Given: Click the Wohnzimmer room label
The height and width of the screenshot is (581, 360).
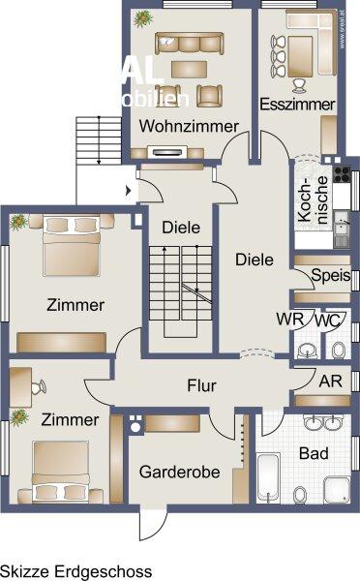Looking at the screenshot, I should (x=188, y=127).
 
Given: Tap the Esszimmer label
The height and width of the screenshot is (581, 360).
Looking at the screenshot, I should (x=297, y=104).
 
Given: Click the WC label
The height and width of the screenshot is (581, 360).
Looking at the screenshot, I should (x=326, y=320).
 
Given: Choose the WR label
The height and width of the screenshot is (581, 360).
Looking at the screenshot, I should (x=288, y=320).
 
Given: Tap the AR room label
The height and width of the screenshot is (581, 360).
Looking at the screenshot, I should (x=329, y=381).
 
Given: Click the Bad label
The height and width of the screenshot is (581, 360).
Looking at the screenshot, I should (x=314, y=453).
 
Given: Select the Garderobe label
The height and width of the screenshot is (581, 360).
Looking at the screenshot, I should (x=180, y=473).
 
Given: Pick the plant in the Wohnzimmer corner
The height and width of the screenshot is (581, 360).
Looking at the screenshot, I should (x=143, y=17).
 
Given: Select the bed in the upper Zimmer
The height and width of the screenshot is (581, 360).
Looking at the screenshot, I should (x=68, y=246).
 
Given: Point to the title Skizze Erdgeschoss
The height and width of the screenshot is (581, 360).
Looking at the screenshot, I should (x=75, y=571).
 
